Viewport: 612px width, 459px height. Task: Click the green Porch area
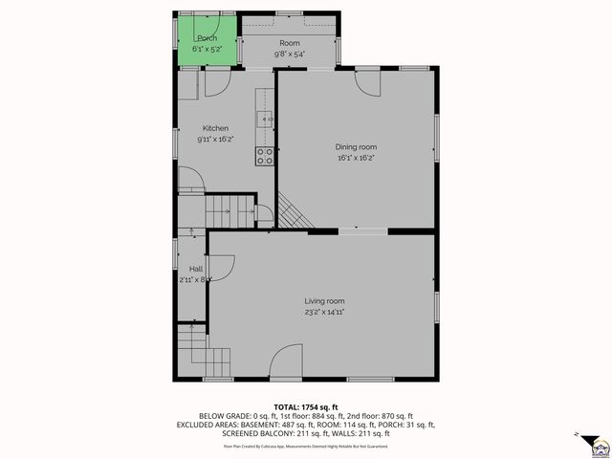tap(206, 41)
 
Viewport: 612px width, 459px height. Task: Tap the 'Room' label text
tap(289, 44)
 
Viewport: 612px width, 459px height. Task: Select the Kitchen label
tap(214, 128)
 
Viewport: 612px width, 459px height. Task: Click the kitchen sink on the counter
tap(265, 120)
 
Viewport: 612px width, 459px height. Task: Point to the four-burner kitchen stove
tap(265, 156)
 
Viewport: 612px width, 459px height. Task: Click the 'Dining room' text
tap(355, 146)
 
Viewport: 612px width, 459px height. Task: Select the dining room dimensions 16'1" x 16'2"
tap(355, 158)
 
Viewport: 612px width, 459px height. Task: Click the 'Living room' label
tap(324, 300)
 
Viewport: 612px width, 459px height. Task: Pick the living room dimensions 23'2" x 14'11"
tap(324, 312)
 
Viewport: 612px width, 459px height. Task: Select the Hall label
tap(195, 269)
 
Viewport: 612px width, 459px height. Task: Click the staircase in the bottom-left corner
tap(194, 354)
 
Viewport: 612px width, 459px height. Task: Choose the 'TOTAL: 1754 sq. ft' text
tap(306, 406)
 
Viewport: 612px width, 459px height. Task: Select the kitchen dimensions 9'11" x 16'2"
tap(214, 140)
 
